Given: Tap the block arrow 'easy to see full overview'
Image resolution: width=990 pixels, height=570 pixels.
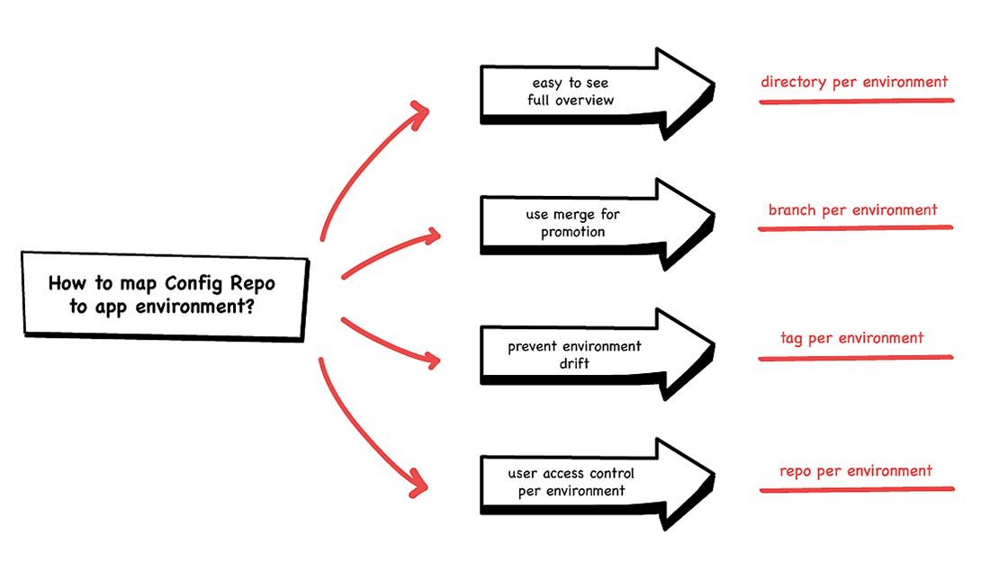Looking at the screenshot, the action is click(597, 94).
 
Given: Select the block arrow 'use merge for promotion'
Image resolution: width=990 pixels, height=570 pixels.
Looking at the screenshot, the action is click(597, 225).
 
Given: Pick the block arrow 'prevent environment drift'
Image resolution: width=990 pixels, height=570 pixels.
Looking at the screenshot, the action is click(597, 354).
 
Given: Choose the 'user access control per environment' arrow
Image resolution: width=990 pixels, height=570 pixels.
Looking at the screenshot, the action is click(597, 485).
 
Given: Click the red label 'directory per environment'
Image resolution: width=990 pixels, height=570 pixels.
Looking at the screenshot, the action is click(854, 82).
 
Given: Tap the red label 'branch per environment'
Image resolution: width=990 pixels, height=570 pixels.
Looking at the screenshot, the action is click(852, 210).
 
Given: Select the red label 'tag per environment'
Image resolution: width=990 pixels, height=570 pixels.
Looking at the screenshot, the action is click(851, 338).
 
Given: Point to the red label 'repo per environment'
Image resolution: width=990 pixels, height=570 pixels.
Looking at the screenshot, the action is click(856, 471).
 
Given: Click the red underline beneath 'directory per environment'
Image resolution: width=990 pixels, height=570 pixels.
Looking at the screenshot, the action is click(856, 101).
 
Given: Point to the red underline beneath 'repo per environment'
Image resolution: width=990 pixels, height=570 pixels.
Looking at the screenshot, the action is click(857, 489).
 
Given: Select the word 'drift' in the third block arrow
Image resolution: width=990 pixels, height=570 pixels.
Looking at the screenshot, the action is click(574, 364).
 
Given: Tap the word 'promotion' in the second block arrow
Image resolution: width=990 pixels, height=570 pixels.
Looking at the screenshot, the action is click(572, 233).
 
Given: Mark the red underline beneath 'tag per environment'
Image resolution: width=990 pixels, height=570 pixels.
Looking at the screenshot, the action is click(856, 358).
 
